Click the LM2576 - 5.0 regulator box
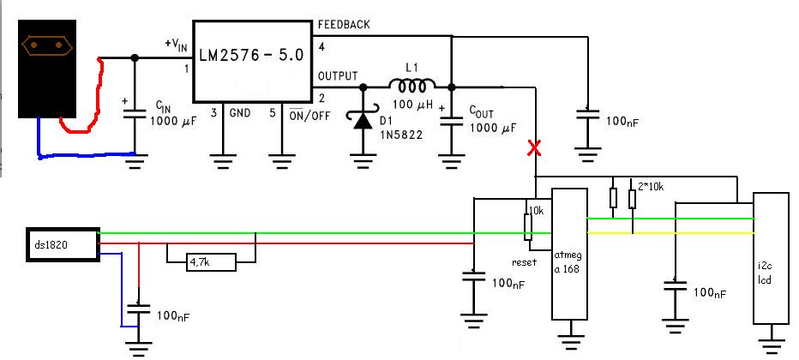253,61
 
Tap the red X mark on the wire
535,148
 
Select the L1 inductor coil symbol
412,86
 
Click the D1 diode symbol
363,120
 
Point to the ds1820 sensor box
63,245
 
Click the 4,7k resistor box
210,263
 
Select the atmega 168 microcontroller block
570,254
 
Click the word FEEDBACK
344,25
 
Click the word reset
524,263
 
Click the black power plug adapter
47,69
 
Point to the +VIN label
176,45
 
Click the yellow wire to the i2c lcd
671,233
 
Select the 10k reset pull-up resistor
528,227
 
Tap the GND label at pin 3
239,113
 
